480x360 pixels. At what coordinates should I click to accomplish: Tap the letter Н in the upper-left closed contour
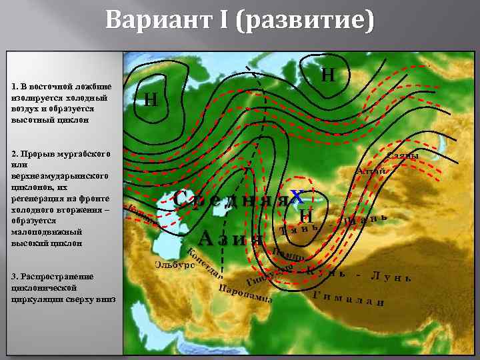[x=151, y=100]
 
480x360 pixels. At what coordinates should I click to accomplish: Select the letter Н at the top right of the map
[x=328, y=74]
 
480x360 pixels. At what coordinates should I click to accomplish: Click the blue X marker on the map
[x=298, y=197]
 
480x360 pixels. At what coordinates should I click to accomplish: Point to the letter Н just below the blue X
[x=305, y=216]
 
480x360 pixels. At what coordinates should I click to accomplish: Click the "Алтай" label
[x=371, y=171]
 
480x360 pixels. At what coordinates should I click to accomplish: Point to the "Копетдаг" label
[x=203, y=264]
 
